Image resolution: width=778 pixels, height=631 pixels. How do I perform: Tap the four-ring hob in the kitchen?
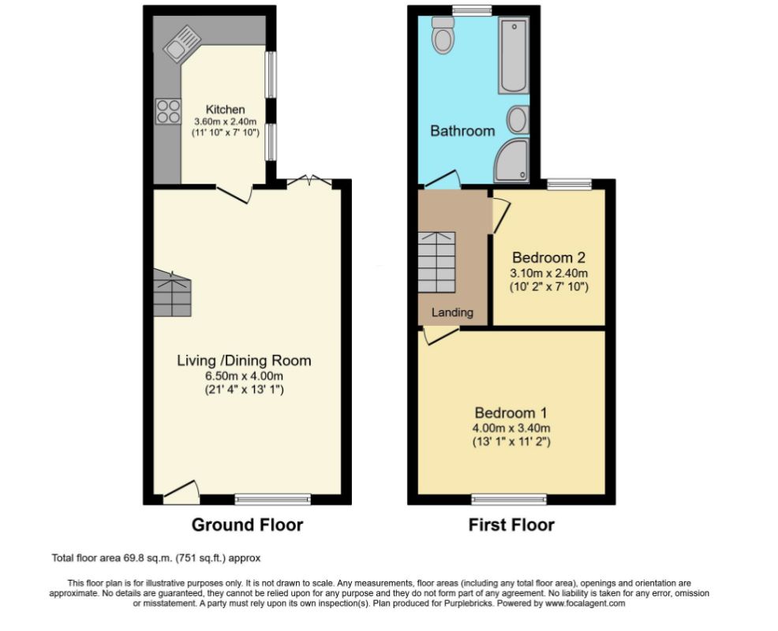tap(167, 110)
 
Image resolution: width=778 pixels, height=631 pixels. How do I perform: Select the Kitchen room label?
tap(225, 109)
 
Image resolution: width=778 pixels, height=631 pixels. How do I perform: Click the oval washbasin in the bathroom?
tap(518, 120)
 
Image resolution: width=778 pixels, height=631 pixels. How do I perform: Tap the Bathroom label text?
tap(462, 131)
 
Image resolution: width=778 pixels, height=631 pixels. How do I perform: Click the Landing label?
tap(452, 312)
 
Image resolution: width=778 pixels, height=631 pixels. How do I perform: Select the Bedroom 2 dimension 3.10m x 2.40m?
tap(549, 274)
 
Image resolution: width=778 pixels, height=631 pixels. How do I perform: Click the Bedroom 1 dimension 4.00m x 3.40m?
tap(511, 428)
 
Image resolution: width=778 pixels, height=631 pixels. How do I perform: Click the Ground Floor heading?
tap(247, 525)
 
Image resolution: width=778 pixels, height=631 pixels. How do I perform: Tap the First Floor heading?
tap(511, 525)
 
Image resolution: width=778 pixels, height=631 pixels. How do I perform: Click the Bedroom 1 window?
tap(509, 499)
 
